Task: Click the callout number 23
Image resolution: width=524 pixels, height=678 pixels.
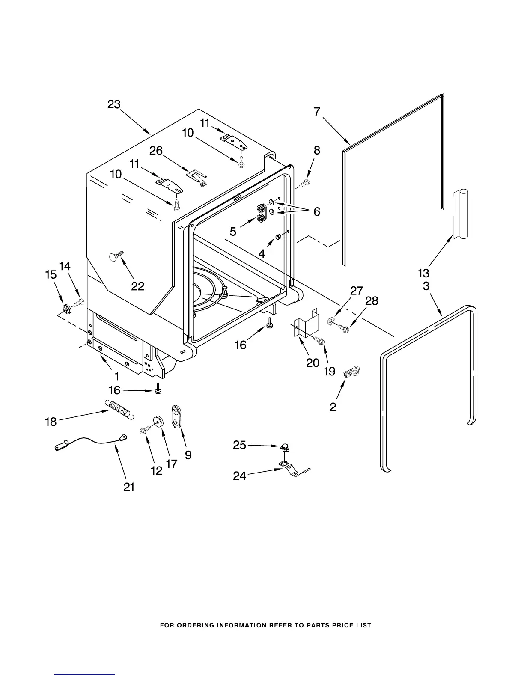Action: (x=114, y=104)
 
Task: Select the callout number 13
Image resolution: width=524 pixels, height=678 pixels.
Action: (x=423, y=273)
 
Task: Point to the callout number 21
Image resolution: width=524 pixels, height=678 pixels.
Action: (x=129, y=487)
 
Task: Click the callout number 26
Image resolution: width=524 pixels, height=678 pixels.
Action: (x=156, y=151)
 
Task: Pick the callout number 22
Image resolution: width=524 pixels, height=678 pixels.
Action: (x=137, y=286)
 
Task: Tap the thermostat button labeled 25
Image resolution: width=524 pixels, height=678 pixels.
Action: (x=284, y=447)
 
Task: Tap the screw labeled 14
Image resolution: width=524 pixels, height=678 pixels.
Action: (x=79, y=303)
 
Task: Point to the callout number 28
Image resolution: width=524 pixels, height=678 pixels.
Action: (x=372, y=301)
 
